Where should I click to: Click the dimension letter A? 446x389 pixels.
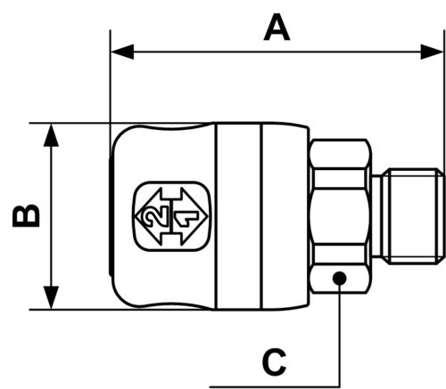277,27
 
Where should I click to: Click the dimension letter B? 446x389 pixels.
26,215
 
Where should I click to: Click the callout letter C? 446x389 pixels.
275,362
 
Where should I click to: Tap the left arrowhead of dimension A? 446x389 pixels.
122,52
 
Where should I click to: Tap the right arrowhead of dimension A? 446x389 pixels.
432,52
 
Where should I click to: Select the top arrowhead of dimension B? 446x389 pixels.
51,135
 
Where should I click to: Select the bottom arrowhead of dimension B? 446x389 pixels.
51,297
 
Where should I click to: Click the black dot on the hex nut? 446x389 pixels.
340,279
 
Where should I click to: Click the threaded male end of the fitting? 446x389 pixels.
414,216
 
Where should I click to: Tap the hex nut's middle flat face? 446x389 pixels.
340,216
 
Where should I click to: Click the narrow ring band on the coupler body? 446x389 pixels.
239,216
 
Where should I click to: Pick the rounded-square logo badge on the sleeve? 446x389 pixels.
172,216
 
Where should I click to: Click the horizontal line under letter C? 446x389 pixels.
275,386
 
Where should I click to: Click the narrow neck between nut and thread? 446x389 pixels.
377,216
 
